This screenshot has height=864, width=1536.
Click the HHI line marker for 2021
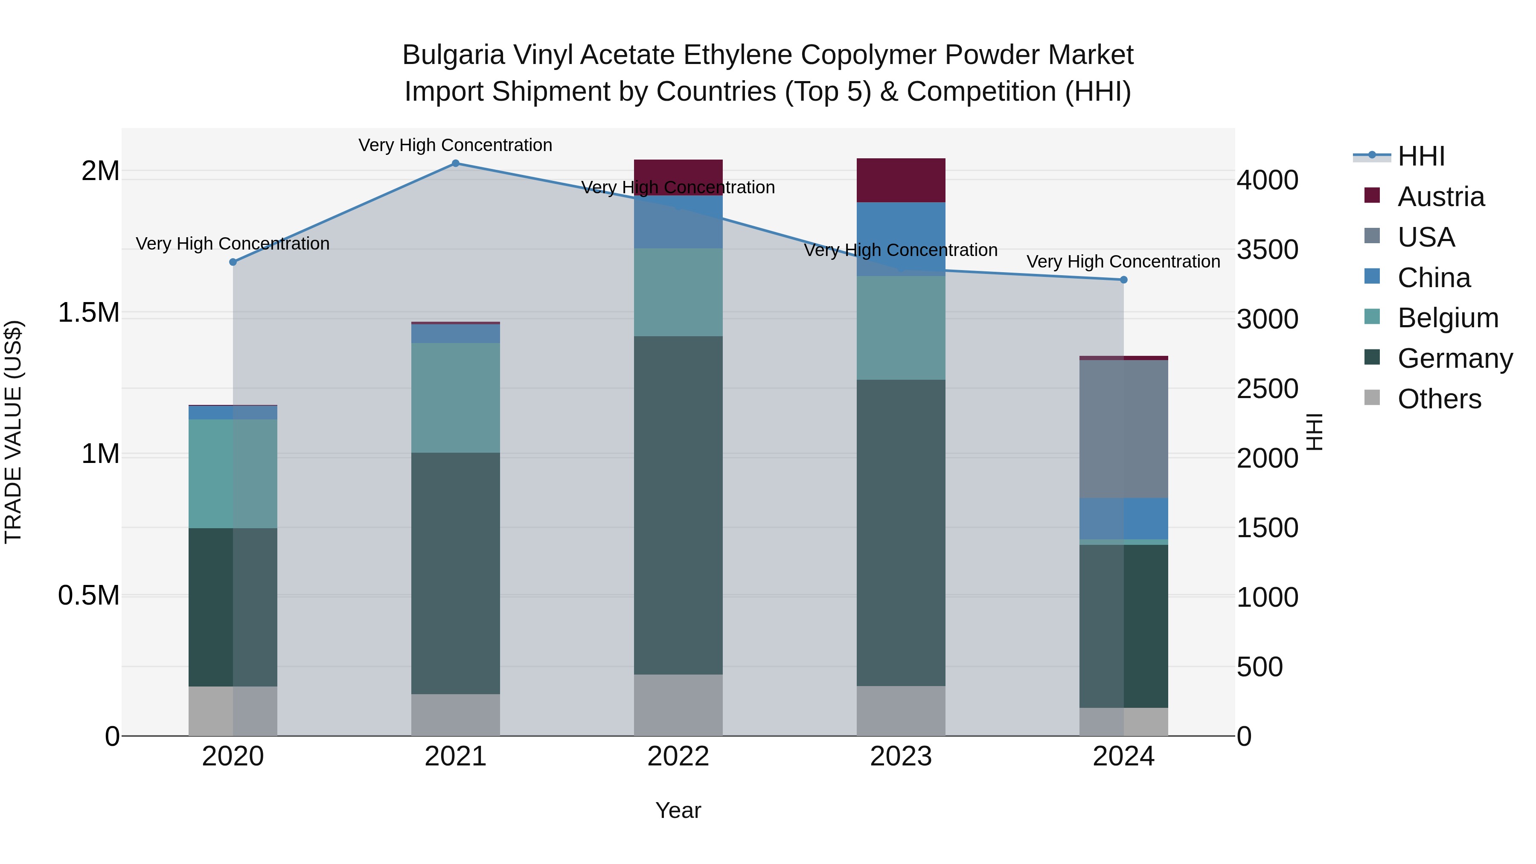(x=456, y=163)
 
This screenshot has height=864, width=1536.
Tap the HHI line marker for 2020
(x=233, y=262)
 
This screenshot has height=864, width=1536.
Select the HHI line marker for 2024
(x=1123, y=279)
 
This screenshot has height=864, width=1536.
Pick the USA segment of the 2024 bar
(x=1123, y=429)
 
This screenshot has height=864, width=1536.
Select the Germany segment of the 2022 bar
(x=678, y=506)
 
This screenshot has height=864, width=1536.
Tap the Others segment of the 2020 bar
(x=233, y=711)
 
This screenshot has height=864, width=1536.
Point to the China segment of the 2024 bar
(x=1123, y=519)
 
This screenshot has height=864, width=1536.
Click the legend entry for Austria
(x=1440, y=197)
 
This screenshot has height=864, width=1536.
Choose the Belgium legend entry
(x=1447, y=318)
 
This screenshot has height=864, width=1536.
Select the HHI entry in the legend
(x=1420, y=156)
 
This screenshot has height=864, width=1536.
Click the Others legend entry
(x=1438, y=399)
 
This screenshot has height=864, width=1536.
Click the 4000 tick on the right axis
(x=1267, y=180)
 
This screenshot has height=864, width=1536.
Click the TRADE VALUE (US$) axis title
(x=13, y=432)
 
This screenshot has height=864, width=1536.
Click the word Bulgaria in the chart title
(x=453, y=55)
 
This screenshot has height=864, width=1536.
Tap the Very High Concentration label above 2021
(x=456, y=145)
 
